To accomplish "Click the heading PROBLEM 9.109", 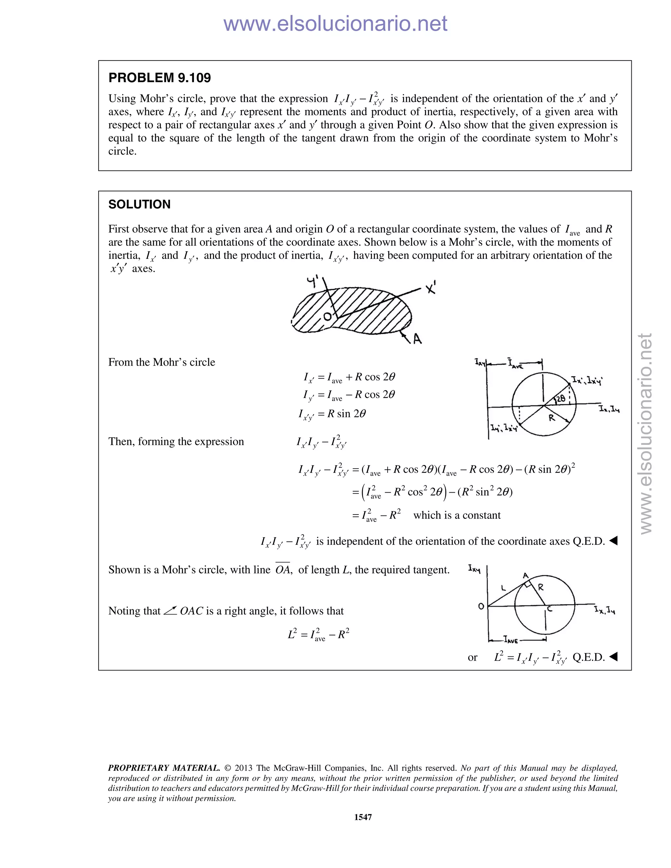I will pos(160,78).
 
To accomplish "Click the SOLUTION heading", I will pos(140,204).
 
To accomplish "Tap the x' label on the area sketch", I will pos(431,287).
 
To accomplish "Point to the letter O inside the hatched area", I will pos(327,316).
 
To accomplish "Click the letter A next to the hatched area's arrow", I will pos(417,339).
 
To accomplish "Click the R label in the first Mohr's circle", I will pos(551,418).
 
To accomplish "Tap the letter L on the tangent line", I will pos(503,588).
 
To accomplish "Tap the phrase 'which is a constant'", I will pos(457,516).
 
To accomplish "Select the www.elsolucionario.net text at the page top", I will pos(335,24).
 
